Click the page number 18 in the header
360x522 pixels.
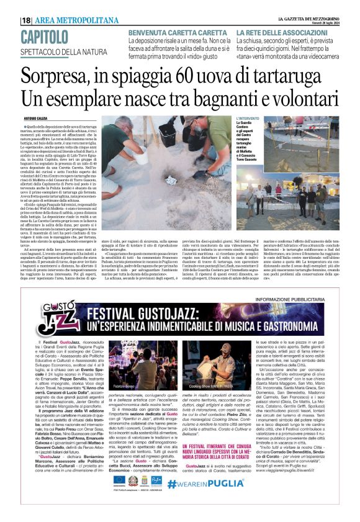pos(26,20)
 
